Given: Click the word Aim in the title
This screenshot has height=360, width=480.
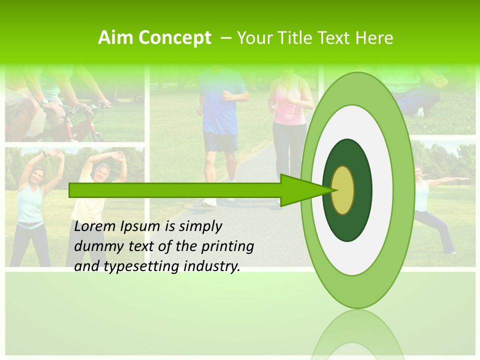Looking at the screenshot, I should click(x=114, y=38).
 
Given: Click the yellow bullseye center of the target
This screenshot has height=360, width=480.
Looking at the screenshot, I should click(x=343, y=190).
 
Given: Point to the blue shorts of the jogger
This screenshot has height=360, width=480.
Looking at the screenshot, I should click(x=220, y=142).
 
